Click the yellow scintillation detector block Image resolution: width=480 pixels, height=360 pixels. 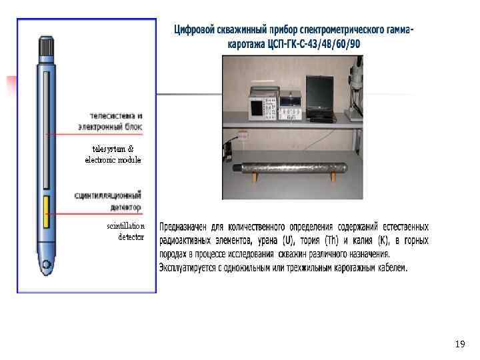(45, 211)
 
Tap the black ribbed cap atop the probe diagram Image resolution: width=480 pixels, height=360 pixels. (46, 46)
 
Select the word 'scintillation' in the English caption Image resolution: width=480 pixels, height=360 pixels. (125, 226)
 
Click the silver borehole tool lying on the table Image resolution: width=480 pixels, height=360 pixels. (293, 167)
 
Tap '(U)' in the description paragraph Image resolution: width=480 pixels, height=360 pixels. (288, 240)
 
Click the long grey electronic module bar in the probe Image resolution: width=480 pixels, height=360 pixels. (45, 133)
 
